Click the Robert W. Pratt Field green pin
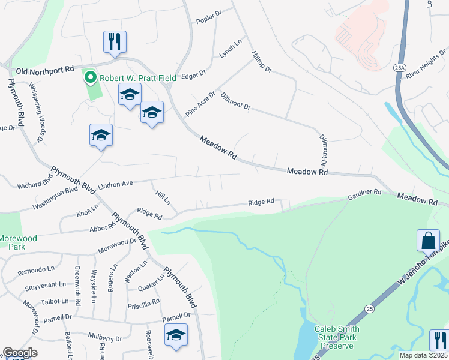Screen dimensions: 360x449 91,77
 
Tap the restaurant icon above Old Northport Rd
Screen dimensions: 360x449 115,43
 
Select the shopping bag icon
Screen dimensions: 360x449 428,241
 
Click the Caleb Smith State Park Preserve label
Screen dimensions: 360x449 337,337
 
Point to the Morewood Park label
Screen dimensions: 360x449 18,242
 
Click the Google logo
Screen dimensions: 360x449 20,353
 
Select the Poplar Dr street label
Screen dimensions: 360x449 209,20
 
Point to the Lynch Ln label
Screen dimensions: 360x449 230,48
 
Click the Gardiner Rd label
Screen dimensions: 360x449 364,194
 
